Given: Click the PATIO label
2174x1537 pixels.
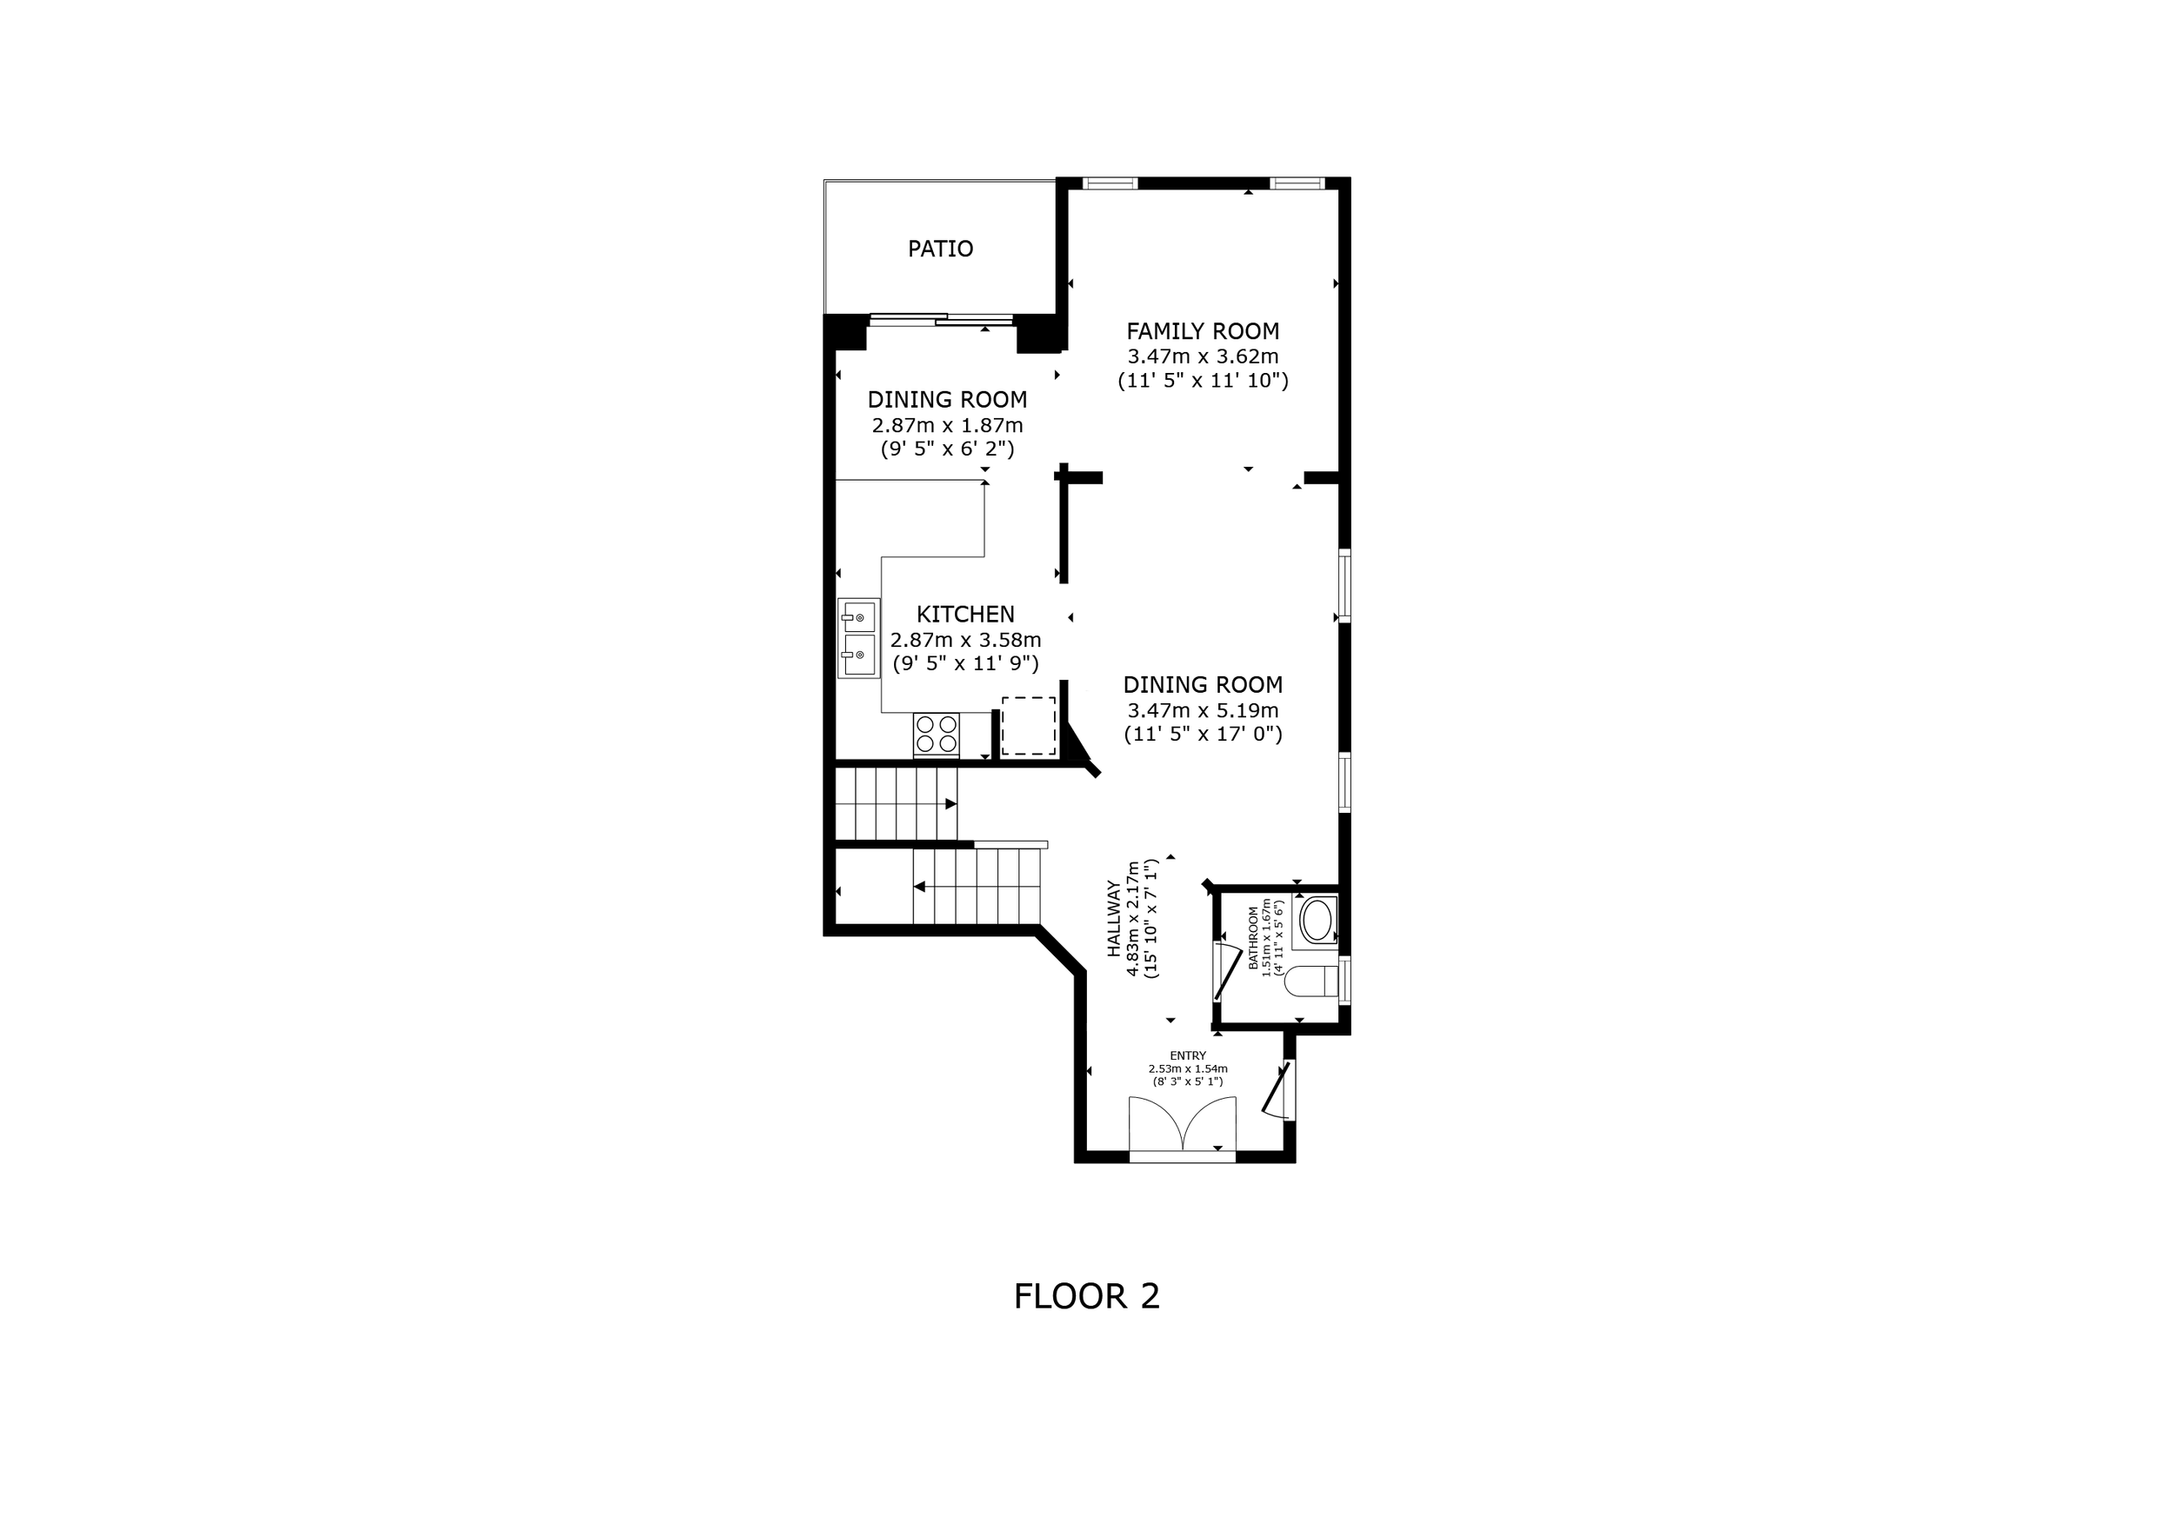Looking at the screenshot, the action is coord(940,249).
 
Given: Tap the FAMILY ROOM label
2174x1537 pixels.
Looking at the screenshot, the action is coord(1203,331).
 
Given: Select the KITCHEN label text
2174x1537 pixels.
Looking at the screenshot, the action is coord(965,615).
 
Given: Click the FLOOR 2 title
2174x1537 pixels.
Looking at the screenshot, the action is coord(1086,1295).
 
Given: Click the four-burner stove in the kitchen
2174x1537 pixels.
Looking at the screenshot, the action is coord(937,735).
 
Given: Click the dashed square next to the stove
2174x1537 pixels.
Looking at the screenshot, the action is coord(1028,726).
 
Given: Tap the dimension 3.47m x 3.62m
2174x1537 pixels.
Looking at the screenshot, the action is coord(1203,356).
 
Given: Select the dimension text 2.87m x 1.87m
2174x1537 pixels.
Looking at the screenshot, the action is coord(947,426).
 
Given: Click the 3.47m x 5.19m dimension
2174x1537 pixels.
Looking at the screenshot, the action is coord(1203,711).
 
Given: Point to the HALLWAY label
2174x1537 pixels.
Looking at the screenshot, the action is coord(1113,918).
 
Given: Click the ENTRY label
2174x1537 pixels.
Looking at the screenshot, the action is coord(1187,1056).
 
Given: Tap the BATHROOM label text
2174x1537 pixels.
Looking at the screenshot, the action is coord(1254,938).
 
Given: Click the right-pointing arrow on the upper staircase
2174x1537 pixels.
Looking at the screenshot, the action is coord(950,804).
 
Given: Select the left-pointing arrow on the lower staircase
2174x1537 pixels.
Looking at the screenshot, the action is coord(919,887).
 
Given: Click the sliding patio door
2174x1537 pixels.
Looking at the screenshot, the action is coord(941,320).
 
